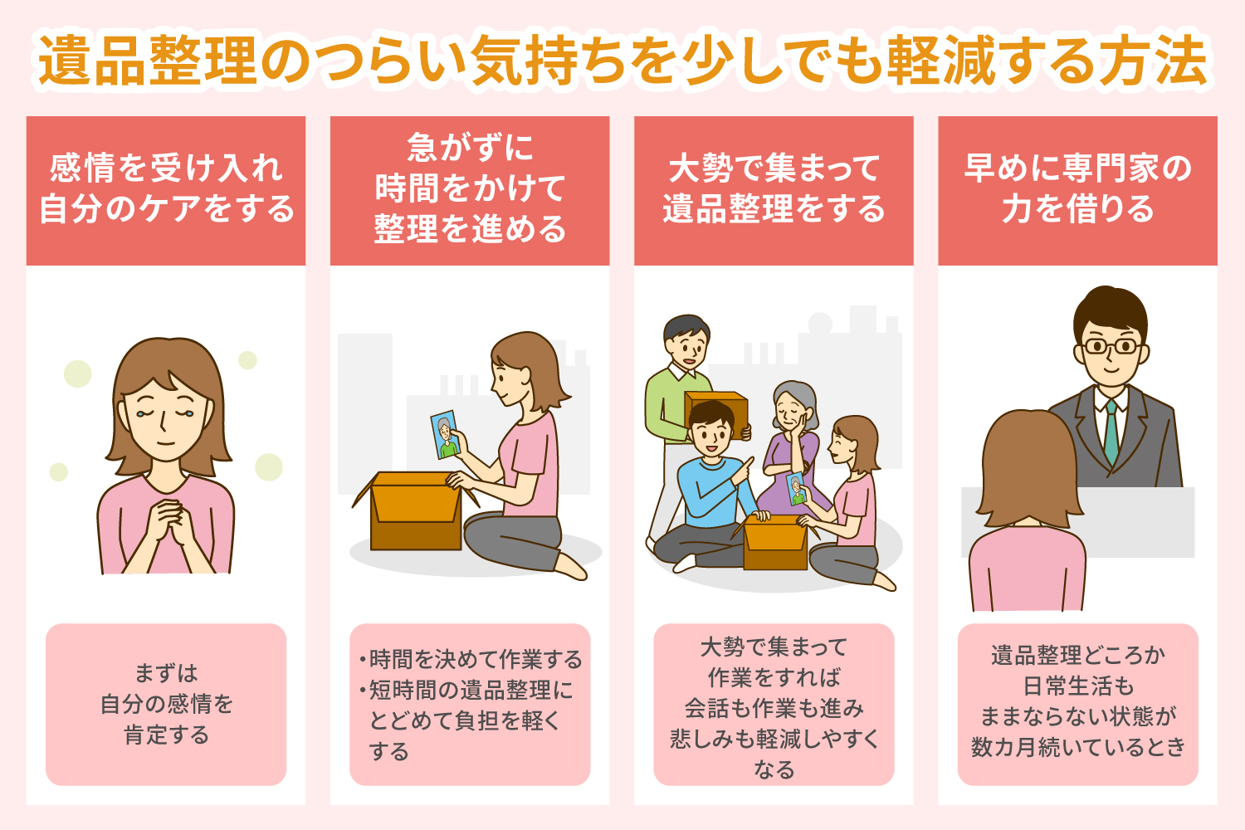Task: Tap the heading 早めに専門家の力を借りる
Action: point(1077,188)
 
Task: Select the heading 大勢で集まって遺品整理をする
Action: point(774,188)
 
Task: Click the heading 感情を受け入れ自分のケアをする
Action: point(166,188)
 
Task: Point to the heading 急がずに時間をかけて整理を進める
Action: point(470,188)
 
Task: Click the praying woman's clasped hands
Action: point(167,520)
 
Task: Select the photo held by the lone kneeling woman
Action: point(445,435)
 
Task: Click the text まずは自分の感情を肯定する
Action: point(166,704)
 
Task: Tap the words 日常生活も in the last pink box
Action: point(1077,686)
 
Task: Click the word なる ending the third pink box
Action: point(774,769)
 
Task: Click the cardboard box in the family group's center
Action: point(774,542)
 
